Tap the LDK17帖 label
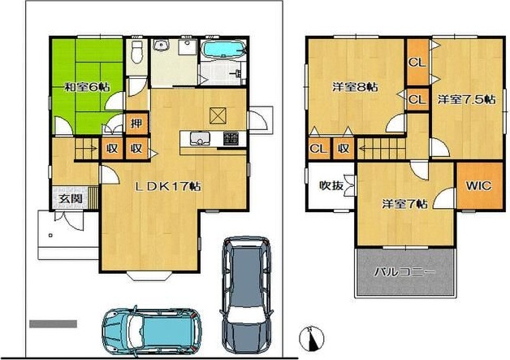(168, 186)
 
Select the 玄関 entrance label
(71, 198)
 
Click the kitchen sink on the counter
(198, 139)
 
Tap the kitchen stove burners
(231, 138)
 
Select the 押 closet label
(136, 123)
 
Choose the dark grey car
(247, 294)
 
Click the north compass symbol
(312, 339)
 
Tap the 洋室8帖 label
(355, 87)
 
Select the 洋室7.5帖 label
(466, 99)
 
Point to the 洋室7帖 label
(404, 204)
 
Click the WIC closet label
(478, 186)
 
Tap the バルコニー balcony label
(404, 271)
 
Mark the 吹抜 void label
(331, 185)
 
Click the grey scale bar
(53, 324)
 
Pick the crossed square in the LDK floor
(218, 115)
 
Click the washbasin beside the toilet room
(162, 45)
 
